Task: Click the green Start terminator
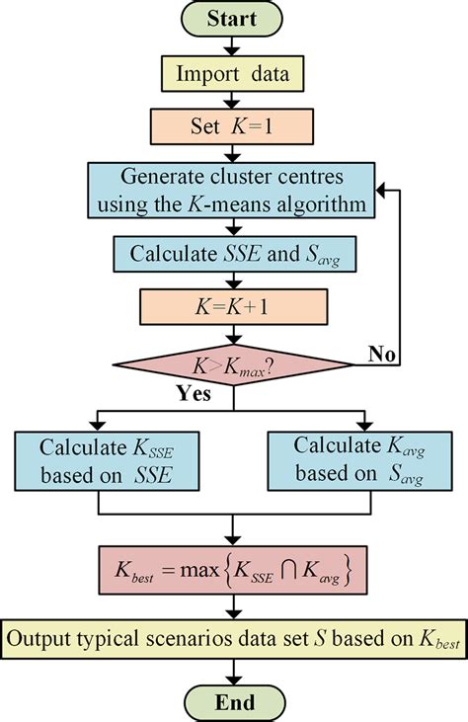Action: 232,19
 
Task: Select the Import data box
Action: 232,72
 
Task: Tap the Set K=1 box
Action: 232,126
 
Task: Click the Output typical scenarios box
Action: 234,636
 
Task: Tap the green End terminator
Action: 232,702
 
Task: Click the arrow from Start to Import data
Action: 232,44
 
